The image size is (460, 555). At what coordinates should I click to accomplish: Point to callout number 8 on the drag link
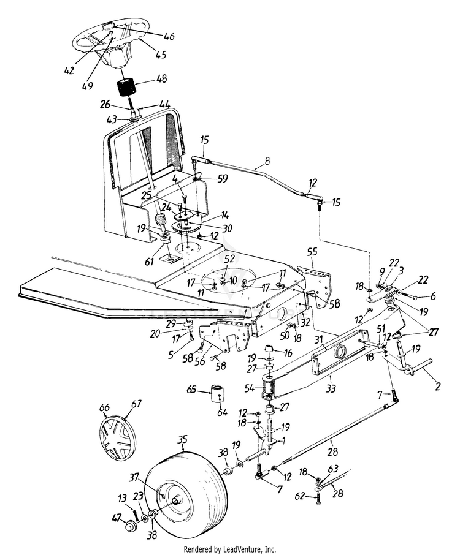pos(267,161)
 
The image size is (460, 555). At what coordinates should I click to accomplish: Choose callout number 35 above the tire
pos(182,440)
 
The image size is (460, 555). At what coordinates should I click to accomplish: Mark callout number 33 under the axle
pos(330,389)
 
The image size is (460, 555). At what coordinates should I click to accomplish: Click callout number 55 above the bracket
pos(312,252)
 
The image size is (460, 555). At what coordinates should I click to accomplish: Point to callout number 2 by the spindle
pos(438,386)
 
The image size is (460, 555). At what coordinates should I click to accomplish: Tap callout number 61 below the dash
pos(150,261)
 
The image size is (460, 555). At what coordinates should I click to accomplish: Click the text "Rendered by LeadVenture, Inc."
pos(229,549)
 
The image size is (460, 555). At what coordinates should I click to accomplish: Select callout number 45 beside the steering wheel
pos(160,55)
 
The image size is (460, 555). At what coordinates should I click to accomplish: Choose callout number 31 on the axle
pos(320,339)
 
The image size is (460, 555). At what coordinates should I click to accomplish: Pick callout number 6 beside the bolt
pos(433,296)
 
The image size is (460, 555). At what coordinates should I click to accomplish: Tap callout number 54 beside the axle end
pos(249,388)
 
